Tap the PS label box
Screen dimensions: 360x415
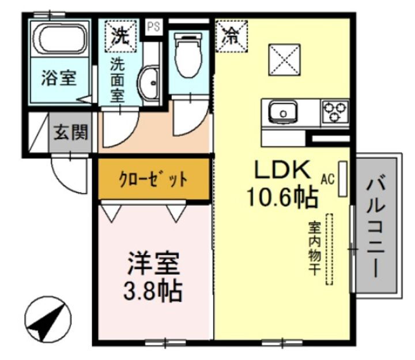click(x=153, y=27)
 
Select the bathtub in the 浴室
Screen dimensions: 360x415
click(x=59, y=39)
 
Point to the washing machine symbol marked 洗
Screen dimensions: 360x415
click(x=119, y=36)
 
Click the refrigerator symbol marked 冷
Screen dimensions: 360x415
click(x=231, y=36)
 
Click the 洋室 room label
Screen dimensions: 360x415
click(x=153, y=265)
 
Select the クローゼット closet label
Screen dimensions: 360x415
click(x=153, y=179)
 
